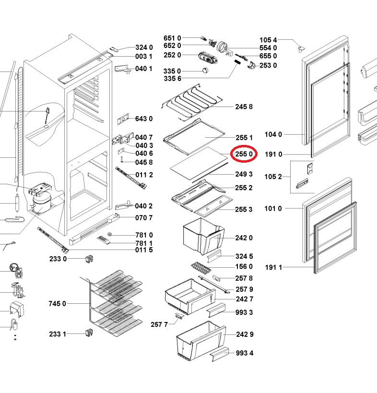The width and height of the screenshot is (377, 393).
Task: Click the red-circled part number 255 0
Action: (x=244, y=154)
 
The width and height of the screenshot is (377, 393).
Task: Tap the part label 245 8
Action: (x=244, y=107)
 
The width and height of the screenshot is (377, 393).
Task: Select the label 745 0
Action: (x=58, y=304)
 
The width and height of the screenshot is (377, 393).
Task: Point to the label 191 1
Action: (x=273, y=267)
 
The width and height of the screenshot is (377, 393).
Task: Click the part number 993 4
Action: (x=245, y=353)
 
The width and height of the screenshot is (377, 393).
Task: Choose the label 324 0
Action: (x=144, y=48)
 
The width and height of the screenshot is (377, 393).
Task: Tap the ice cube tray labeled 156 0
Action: (x=201, y=268)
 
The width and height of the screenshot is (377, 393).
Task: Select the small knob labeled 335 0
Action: (x=205, y=71)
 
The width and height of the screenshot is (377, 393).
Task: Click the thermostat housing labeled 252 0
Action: (x=208, y=58)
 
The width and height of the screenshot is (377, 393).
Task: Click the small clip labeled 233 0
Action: (x=89, y=259)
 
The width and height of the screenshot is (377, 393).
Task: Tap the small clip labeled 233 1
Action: (x=89, y=333)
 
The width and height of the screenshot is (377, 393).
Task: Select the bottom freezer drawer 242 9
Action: (x=201, y=341)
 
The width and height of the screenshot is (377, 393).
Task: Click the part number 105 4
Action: (x=268, y=40)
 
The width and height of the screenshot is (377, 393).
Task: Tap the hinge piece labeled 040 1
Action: (x=123, y=69)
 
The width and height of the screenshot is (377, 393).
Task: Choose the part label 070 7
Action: (x=144, y=218)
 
